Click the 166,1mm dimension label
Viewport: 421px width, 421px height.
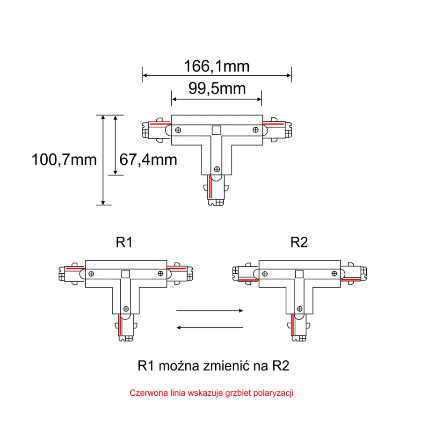point(217,66)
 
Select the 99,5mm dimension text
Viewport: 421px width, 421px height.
point(217,88)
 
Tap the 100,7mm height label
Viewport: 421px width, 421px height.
point(64,160)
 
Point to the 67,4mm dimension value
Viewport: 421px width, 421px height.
point(148,160)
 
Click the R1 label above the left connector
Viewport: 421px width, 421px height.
point(124,242)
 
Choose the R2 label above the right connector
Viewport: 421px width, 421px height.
point(299,242)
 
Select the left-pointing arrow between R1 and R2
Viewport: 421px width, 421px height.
point(210,327)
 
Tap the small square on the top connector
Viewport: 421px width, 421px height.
point(216,131)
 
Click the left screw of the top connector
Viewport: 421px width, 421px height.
point(178,129)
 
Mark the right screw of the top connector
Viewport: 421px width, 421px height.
point(255,129)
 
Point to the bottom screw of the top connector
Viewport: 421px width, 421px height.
point(216,169)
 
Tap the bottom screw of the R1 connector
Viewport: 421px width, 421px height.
point(126,308)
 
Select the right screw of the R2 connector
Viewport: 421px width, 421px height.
point(334,273)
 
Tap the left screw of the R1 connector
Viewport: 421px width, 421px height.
point(92,273)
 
